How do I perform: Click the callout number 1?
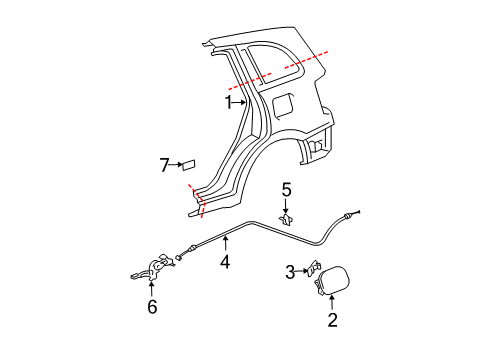pos(228,102)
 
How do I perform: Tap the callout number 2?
pos(332,320)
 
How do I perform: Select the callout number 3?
pos(290,272)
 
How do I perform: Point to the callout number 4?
pos(225,262)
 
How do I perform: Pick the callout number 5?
pos(286,190)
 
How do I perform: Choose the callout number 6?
pos(152,307)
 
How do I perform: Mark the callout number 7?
pos(164,165)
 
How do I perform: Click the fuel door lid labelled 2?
pos(333,280)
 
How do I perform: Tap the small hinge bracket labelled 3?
pos(314,268)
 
